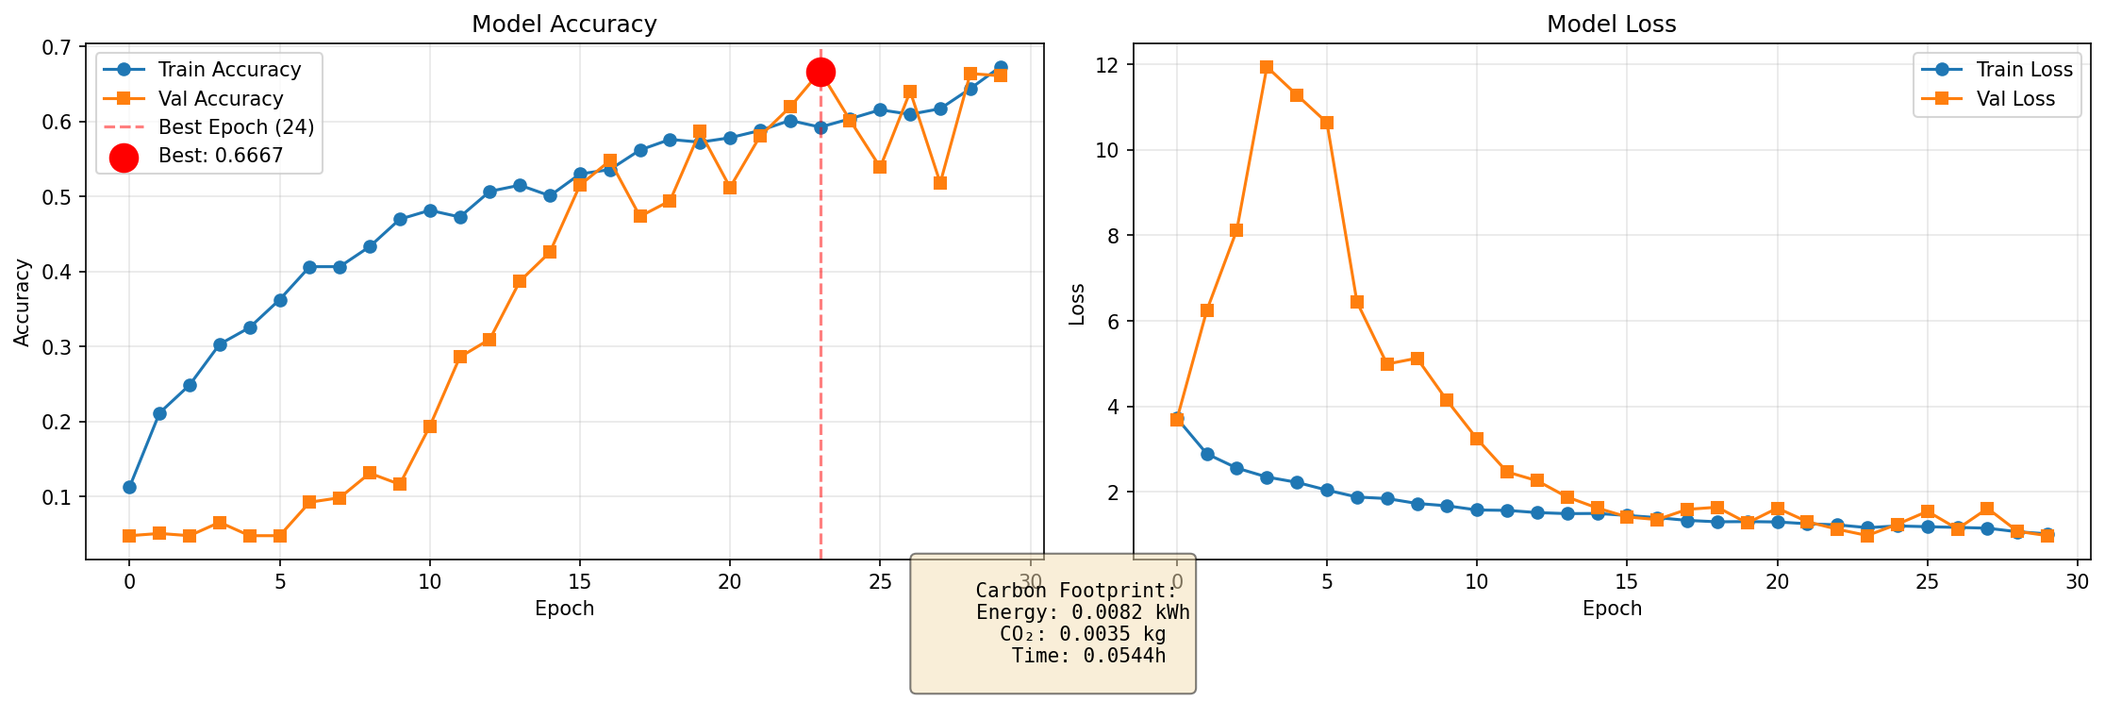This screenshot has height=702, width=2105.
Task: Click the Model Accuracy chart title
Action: point(564,25)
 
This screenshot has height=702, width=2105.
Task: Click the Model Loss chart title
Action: point(1611,25)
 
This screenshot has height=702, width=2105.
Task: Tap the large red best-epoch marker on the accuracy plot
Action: point(820,72)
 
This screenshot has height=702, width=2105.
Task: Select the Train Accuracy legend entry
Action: point(229,70)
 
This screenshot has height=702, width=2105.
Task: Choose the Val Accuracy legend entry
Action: point(221,99)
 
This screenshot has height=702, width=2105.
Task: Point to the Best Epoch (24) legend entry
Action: point(236,127)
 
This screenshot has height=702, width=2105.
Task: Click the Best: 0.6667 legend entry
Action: point(221,157)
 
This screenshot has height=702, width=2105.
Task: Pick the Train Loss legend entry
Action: point(2024,70)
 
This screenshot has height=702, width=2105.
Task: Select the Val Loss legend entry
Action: point(2015,99)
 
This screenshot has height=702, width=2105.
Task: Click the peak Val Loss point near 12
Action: point(1267,67)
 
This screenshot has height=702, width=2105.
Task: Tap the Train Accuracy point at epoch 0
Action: point(129,487)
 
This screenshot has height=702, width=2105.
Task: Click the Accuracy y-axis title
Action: point(23,302)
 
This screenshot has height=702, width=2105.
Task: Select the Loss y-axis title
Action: point(1076,304)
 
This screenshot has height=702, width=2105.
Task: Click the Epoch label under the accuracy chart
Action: point(564,609)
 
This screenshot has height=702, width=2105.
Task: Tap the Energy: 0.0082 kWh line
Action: point(1083,612)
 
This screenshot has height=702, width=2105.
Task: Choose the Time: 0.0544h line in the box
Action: point(1088,656)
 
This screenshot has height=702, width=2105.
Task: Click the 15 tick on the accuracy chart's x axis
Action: point(580,581)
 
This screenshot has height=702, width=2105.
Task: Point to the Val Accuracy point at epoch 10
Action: point(430,426)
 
